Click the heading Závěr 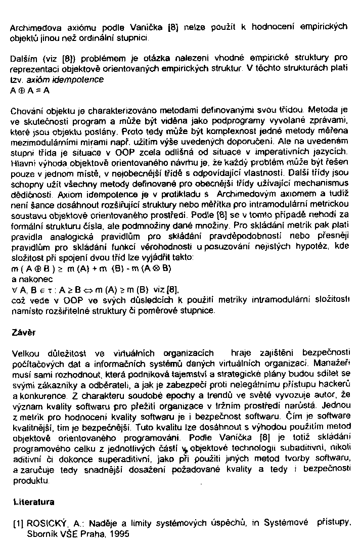pyautogui.click(x=21, y=333)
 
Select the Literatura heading pyautogui.click(x=33, y=503)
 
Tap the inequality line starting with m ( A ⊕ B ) pyautogui.click(x=91, y=268)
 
